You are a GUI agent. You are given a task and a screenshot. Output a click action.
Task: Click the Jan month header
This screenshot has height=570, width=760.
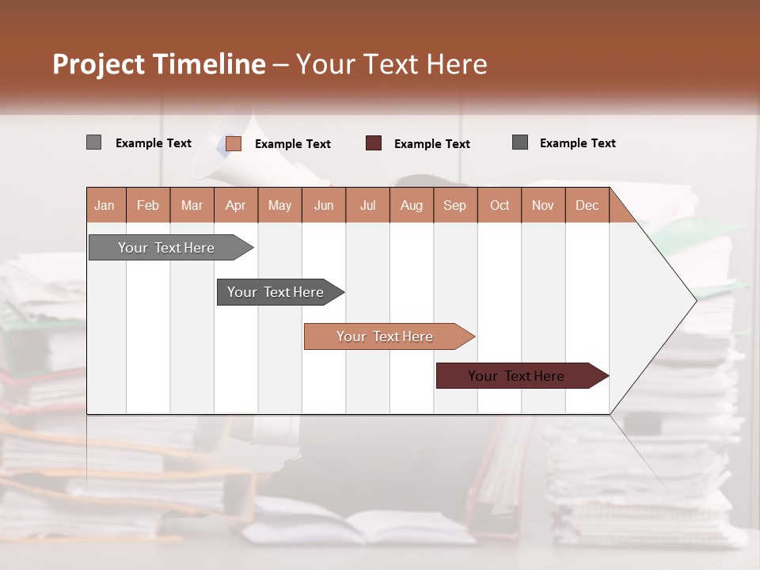(105, 205)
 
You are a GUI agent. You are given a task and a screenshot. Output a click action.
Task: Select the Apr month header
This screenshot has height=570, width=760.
(236, 205)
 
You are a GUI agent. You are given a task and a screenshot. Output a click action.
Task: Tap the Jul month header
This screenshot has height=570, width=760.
(367, 205)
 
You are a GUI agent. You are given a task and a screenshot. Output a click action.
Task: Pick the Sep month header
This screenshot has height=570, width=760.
(454, 205)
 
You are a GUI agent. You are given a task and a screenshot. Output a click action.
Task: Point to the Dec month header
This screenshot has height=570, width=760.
(587, 205)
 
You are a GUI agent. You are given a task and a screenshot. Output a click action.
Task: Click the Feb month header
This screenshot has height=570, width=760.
(148, 205)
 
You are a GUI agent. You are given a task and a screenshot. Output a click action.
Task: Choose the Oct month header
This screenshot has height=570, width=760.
(500, 205)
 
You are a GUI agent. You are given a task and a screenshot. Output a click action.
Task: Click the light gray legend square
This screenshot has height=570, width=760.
(93, 142)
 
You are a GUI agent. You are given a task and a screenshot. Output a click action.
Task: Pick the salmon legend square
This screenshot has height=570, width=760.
(233, 143)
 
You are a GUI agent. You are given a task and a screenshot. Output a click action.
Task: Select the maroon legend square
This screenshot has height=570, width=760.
(374, 143)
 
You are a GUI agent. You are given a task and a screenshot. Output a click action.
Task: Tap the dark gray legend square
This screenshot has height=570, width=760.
(520, 142)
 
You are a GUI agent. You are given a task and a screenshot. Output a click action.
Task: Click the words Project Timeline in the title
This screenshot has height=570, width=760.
(158, 64)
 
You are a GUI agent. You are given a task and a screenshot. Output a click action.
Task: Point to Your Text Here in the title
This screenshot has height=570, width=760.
(392, 64)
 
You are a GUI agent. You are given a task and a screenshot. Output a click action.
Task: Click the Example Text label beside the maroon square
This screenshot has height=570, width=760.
(432, 144)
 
